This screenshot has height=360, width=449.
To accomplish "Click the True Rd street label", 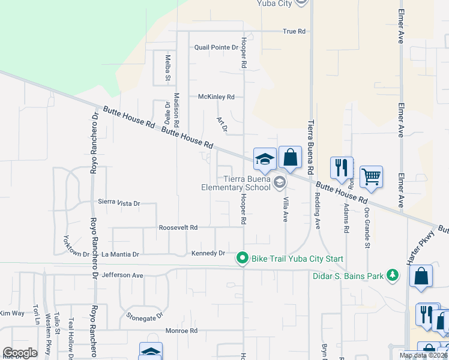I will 294,31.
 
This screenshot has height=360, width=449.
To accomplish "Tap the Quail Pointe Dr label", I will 216,47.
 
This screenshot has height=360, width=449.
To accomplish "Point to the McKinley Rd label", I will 216,97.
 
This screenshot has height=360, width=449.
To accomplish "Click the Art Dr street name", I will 222,124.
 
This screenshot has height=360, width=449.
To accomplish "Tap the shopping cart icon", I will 372,176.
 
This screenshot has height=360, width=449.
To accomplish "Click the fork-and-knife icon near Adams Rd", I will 342,167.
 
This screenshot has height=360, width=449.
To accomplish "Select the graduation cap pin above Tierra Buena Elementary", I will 265,159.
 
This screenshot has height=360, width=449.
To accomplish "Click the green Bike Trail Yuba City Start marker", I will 243,259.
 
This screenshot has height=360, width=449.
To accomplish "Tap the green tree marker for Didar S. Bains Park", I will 393,275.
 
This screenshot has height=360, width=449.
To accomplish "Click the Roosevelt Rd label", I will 178,228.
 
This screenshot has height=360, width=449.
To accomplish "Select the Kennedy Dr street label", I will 208,253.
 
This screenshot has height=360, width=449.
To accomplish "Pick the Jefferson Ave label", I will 122,275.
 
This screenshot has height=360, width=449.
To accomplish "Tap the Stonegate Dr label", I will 145,315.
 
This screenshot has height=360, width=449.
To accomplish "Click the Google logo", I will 20,353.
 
